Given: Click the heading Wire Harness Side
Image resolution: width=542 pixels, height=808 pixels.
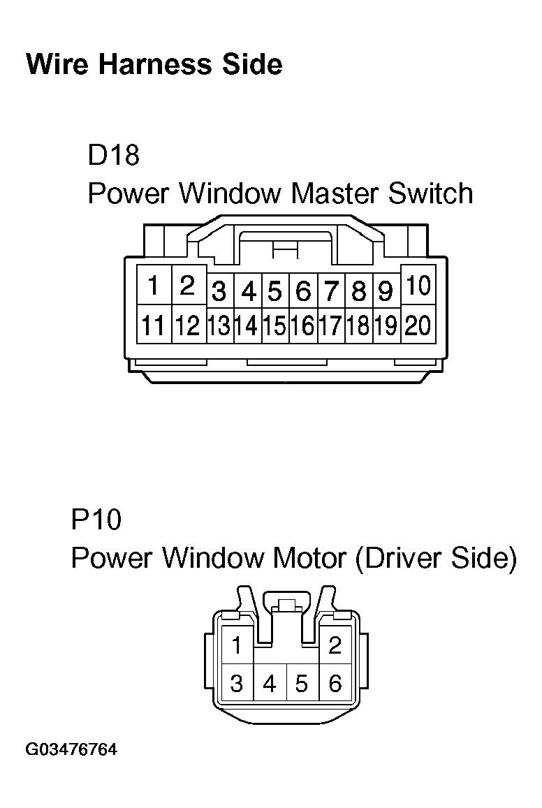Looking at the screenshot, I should pyautogui.click(x=154, y=64).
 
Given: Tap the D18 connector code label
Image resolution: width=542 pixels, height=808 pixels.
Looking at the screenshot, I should pyautogui.click(x=113, y=155).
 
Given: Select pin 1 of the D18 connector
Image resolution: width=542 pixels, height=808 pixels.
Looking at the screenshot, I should pyautogui.click(x=153, y=286).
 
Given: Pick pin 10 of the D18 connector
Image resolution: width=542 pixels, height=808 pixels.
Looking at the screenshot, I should pyautogui.click(x=418, y=286).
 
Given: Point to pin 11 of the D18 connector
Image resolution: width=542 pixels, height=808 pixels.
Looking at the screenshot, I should pyautogui.click(x=153, y=325).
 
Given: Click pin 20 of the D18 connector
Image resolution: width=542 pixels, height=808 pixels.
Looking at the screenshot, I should pyautogui.click(x=418, y=325).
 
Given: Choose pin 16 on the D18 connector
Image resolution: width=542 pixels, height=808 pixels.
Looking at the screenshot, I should pyautogui.click(x=303, y=326).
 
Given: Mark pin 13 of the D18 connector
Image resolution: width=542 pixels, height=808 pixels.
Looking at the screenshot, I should pyautogui.click(x=220, y=326).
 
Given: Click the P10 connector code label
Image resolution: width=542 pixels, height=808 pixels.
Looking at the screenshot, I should pyautogui.click(x=96, y=520).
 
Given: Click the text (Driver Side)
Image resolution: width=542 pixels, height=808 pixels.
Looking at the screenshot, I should pyautogui.click(x=435, y=558).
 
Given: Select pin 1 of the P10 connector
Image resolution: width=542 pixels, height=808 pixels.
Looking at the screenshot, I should pyautogui.click(x=237, y=645).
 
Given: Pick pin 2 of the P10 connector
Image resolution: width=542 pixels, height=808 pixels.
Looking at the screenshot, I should pyautogui.click(x=335, y=645).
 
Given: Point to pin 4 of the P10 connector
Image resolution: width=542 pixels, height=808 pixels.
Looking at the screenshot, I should pyautogui.click(x=270, y=684).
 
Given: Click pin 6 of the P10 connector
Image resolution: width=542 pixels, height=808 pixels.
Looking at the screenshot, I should pyautogui.click(x=335, y=684).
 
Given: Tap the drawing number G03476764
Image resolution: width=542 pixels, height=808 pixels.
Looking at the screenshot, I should pyautogui.click(x=71, y=751).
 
